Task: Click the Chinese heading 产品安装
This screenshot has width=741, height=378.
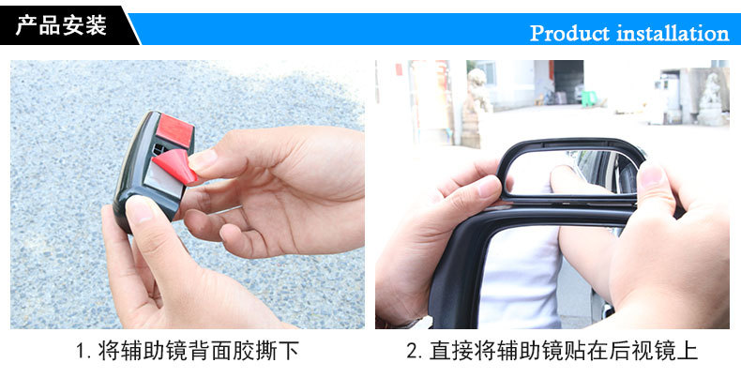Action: click(61, 25)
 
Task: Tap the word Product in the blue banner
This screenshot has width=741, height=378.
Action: click(570, 34)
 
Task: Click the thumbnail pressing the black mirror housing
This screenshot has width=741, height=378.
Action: click(140, 209)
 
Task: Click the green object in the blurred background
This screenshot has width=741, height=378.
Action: click(589, 98)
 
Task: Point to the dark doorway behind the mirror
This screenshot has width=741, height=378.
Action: click(568, 82)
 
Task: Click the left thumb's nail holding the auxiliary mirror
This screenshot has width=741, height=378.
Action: click(488, 186)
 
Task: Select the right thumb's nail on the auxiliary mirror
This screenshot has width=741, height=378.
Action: click(652, 175)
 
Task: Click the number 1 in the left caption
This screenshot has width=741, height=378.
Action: click(81, 352)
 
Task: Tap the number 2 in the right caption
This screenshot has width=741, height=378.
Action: click(412, 352)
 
